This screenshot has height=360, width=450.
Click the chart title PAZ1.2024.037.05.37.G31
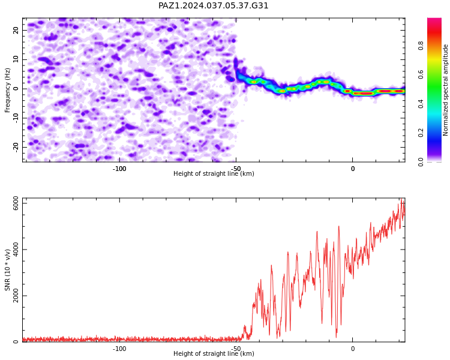click(213, 5)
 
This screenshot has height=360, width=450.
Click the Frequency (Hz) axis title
click(7, 90)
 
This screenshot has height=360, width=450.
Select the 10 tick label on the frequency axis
click(16, 59)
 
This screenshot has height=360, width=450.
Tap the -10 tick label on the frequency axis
click(16, 118)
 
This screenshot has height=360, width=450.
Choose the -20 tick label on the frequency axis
click(16, 148)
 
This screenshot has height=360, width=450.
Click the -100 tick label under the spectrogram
click(119, 169)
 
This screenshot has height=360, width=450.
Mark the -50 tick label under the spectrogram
click(236, 169)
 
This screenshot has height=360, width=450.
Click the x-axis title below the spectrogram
click(214, 173)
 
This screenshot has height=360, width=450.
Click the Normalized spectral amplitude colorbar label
click(445, 90)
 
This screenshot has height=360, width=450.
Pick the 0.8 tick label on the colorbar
click(421, 46)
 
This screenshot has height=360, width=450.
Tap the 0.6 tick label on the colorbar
click(421, 74)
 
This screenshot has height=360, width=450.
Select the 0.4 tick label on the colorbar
click(421, 104)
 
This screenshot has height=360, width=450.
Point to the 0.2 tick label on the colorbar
click(421, 133)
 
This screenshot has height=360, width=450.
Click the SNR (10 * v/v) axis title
click(7, 270)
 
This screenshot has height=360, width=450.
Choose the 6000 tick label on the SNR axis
click(16, 203)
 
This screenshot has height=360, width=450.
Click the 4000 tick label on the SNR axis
click(16, 250)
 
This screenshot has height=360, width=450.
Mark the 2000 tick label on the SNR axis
click(16, 295)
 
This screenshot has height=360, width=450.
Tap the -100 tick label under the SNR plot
click(119, 349)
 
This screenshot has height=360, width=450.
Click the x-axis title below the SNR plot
click(214, 353)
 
